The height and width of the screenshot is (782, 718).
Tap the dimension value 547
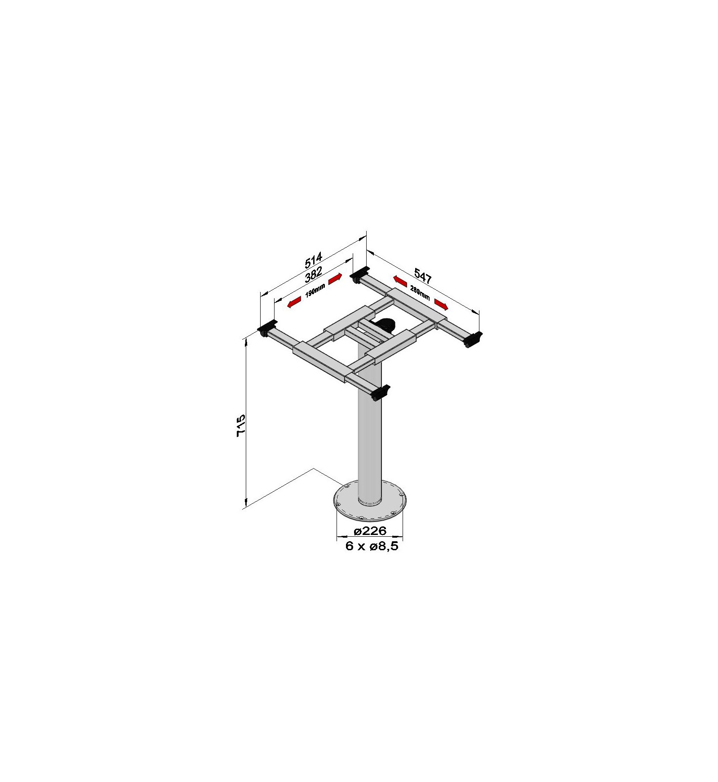(x=422, y=276)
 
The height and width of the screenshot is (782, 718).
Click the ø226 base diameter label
(x=370, y=531)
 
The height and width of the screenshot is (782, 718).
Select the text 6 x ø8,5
(x=372, y=546)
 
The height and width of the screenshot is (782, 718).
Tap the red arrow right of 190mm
(x=336, y=279)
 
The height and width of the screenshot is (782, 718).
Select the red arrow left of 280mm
(x=400, y=281)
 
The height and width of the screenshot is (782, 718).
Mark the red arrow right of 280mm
(x=441, y=305)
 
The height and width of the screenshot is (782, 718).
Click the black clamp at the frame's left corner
(x=267, y=328)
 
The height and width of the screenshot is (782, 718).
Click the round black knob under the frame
(x=385, y=324)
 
